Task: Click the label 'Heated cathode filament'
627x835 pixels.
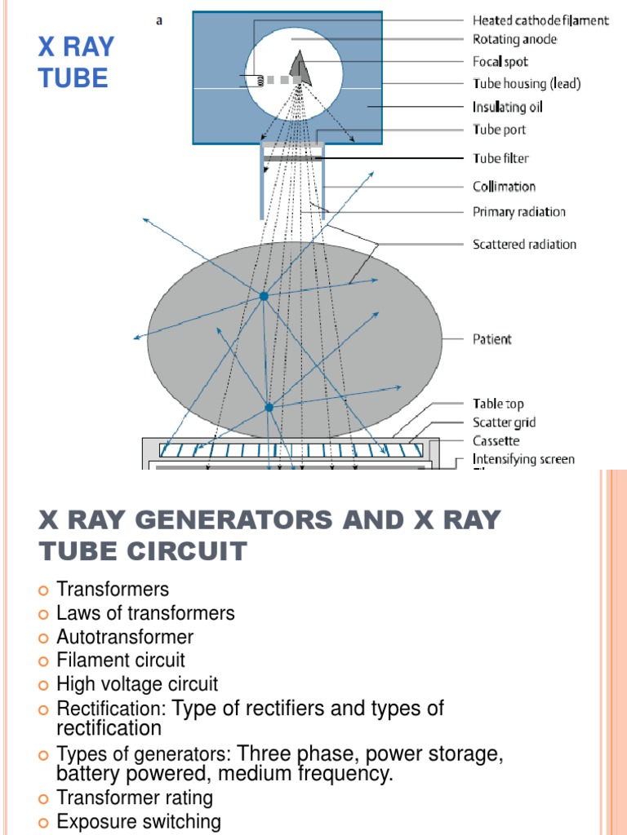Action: [540, 20]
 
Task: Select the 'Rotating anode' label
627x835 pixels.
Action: [514, 39]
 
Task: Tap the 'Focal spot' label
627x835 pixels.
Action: [500, 61]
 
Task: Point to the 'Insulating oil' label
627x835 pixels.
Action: [507, 107]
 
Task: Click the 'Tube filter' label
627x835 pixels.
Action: [500, 158]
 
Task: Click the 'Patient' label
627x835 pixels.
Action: [492, 338]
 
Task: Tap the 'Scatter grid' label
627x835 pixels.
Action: [505, 422]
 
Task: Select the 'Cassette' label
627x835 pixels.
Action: [496, 441]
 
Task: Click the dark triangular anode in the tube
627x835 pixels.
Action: [300, 68]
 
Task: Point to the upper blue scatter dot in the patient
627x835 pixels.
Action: [264, 297]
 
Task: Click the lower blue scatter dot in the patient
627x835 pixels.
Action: [268, 406]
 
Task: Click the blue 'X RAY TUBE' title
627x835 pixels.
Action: [76, 62]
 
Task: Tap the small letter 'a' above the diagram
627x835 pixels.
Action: [158, 20]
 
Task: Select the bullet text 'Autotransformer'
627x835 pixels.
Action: [125, 636]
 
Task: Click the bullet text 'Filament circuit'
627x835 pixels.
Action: [121, 660]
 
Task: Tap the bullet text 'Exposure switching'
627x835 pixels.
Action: [139, 821]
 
